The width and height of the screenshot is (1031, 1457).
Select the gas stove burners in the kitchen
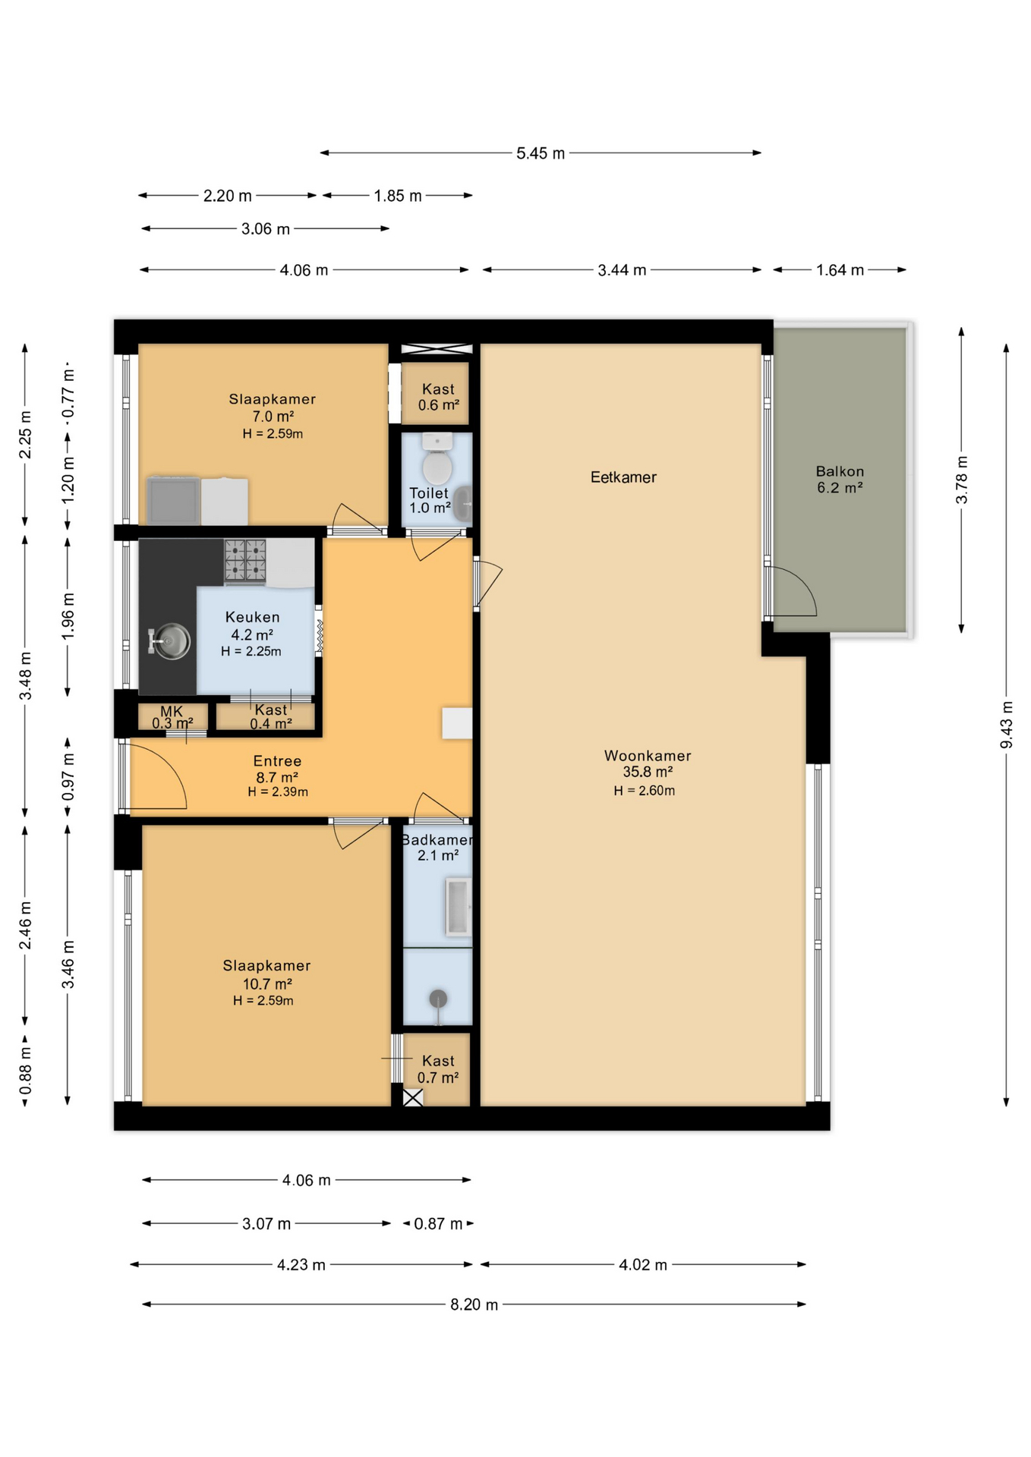pos(245,561)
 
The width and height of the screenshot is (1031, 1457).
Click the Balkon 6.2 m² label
pos(840,480)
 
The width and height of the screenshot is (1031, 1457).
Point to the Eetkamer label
pos(623,477)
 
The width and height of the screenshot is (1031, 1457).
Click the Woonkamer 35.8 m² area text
pos(648,763)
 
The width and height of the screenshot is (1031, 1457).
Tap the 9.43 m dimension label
pos(1006,725)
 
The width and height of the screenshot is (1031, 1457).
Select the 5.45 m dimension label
pos(541,153)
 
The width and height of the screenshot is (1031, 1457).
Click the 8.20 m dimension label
pos(475,1304)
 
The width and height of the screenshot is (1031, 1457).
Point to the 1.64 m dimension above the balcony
pos(840,270)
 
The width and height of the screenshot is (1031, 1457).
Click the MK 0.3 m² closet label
pos(172,717)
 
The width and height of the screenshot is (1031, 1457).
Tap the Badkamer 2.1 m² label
pos(437,848)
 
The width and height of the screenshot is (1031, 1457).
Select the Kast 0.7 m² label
pos(438,1069)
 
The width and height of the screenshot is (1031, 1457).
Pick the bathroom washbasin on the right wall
pos(459,907)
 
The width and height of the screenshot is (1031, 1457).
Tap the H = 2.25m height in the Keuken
pos(251,651)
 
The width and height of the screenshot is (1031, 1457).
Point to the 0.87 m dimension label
pos(438,1224)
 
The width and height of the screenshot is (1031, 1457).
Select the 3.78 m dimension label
pos(961,480)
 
